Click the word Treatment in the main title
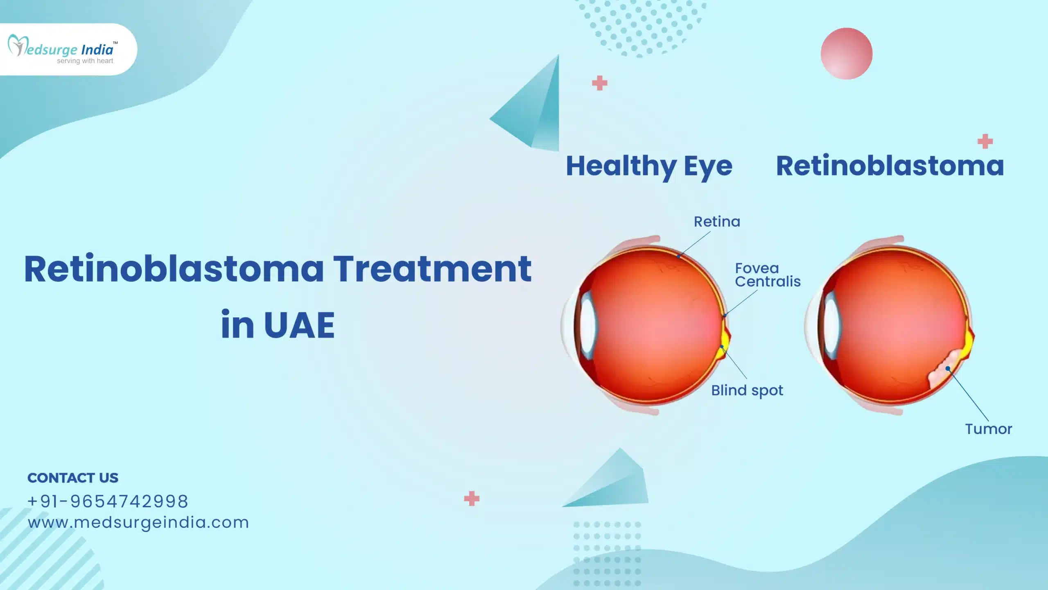click(x=432, y=269)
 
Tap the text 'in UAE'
click(x=278, y=325)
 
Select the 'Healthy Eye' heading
click(x=649, y=166)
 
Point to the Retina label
click(x=717, y=222)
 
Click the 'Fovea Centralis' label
click(x=767, y=275)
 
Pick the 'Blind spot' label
click(x=747, y=390)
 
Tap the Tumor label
click(x=988, y=429)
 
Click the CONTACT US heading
click(x=73, y=478)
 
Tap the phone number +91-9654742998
click(x=108, y=501)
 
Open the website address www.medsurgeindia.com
click(x=138, y=522)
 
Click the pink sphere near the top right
click(x=846, y=54)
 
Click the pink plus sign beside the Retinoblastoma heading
click(x=985, y=141)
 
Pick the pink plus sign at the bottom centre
click(x=472, y=499)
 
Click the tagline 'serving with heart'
click(x=85, y=61)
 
